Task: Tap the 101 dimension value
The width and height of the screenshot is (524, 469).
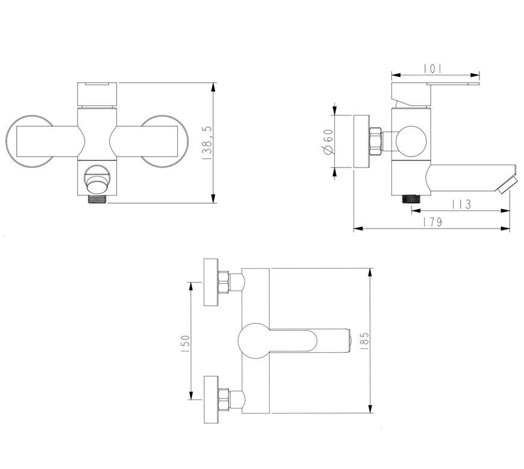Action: point(433,69)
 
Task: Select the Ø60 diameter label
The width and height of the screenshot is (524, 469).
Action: point(328,142)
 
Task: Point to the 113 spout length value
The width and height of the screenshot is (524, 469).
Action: point(461,204)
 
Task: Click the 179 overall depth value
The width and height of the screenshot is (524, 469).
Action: point(432,222)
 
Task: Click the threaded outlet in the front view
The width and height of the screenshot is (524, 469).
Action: point(98,199)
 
